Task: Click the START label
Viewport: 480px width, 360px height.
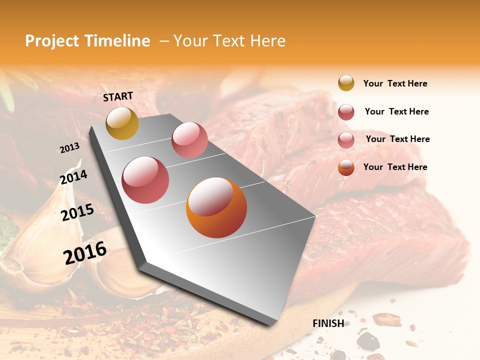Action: [x=118, y=96]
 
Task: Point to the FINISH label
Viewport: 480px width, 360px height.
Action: [x=328, y=323]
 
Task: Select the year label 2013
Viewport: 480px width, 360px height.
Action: [x=69, y=148]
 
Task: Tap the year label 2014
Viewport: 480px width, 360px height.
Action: [x=74, y=177]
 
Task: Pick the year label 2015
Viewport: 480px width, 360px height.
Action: [x=77, y=212]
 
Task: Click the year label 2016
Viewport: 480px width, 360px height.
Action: [x=85, y=253]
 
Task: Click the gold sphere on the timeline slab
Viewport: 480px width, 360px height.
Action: [x=122, y=123]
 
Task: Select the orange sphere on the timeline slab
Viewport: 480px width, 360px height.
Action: [x=216, y=207]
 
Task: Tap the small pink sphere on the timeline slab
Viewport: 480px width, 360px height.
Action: [x=189, y=140]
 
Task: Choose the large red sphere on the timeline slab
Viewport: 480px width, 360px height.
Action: [x=145, y=180]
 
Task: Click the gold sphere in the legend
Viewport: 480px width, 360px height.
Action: [x=346, y=83]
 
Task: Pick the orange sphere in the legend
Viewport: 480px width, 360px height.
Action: [x=346, y=167]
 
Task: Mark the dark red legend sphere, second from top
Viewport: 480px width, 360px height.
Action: [x=346, y=112]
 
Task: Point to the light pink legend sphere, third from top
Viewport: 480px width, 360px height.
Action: [x=346, y=139]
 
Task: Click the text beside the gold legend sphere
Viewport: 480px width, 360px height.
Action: [x=395, y=83]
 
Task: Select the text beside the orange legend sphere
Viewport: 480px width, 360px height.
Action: [x=395, y=167]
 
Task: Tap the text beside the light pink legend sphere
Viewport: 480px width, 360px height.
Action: [x=397, y=139]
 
